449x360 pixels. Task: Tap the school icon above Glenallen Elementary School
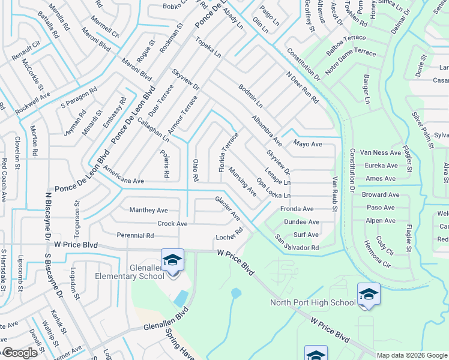(172, 260)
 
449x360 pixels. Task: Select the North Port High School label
(312, 302)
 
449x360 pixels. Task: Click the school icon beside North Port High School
(369, 294)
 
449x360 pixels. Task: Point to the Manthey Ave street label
(149, 210)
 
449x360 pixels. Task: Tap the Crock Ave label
(172, 224)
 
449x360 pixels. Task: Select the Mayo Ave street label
(307, 144)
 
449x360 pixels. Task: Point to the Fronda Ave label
(297, 209)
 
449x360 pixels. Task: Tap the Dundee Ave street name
(301, 222)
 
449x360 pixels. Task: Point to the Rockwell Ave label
(33, 100)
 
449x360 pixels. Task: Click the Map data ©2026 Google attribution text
(411, 355)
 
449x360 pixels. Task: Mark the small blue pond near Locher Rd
(235, 293)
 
